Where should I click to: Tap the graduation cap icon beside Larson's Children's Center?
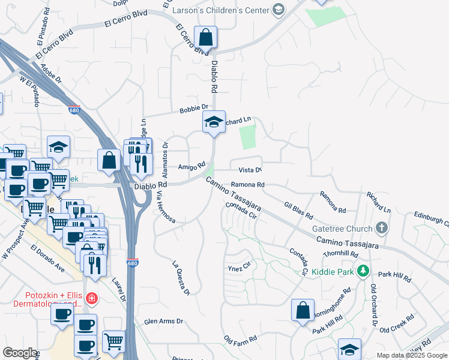tap(277, 10)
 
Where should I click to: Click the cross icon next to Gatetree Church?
tap(380, 228)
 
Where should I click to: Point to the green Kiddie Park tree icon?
tap(362, 271)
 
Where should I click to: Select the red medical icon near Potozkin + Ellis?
tap(91, 298)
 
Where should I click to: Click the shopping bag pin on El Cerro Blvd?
tap(205, 37)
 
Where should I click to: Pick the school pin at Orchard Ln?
tap(213, 121)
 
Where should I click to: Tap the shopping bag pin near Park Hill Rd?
tap(303, 310)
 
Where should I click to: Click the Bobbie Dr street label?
tap(193, 110)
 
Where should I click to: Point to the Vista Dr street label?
tap(250, 170)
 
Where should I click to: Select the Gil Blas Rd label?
tap(299, 210)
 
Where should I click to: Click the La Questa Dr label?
tap(181, 278)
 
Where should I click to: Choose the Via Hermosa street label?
tap(166, 208)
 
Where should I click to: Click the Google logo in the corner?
tap(20, 353)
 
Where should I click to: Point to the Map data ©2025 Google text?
tap(412, 355)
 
